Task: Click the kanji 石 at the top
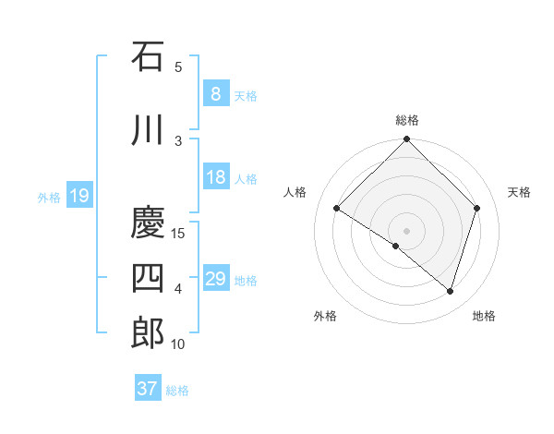148,56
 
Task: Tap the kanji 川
148,129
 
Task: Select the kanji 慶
148,222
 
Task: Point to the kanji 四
148,278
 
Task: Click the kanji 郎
148,333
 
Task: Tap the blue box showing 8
215,94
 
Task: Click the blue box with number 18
215,177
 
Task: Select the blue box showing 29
215,279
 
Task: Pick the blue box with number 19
79,196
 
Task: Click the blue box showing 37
148,389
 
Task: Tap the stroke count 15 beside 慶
179,233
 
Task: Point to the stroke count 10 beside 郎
179,344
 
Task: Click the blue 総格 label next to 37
177,391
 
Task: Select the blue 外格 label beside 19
49,197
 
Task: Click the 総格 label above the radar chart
406,120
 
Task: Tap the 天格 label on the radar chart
520,192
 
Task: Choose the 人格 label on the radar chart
295,192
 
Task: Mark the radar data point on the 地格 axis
450,291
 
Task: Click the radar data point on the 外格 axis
396,246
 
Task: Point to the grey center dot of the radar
406,230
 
